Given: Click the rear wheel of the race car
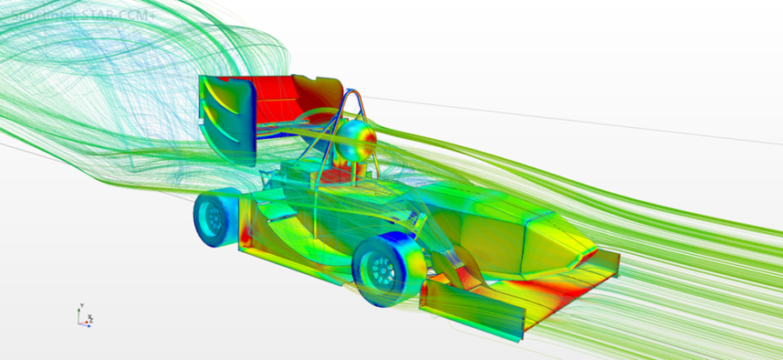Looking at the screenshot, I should (212, 218).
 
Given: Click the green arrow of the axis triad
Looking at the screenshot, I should (80, 315).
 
